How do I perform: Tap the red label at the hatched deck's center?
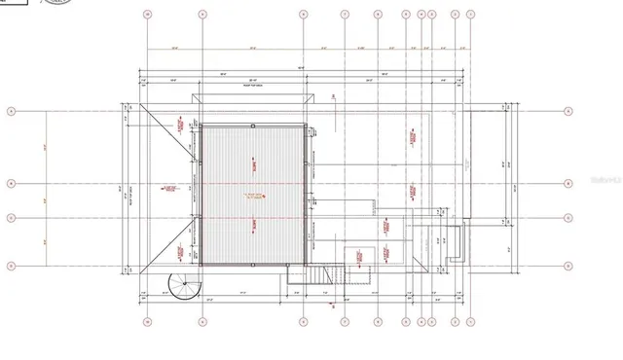254,198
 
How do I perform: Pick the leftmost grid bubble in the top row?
147,15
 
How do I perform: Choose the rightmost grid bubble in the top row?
471,15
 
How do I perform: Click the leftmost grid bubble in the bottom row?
147,322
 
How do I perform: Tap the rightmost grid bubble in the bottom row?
471,322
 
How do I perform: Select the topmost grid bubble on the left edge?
12,112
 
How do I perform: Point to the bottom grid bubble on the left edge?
12,265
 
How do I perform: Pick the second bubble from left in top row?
202,15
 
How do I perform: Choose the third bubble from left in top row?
305,15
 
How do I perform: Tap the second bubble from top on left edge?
12,183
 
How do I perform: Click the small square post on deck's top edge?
252,126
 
